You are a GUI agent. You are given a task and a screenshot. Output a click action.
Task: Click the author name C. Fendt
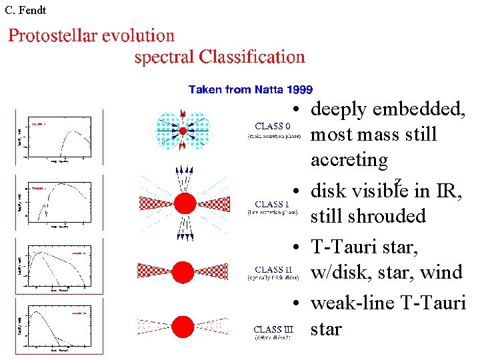[25, 11]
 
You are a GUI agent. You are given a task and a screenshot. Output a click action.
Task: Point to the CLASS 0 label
[272, 125]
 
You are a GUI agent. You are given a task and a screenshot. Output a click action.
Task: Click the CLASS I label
[269, 204]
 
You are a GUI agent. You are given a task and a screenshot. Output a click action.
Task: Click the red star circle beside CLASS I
[185, 202]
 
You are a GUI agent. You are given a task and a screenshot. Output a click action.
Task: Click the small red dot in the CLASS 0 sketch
[183, 130]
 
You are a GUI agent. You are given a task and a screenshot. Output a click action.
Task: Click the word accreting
[349, 161]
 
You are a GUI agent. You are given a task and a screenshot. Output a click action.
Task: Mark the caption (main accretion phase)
[270, 136]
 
